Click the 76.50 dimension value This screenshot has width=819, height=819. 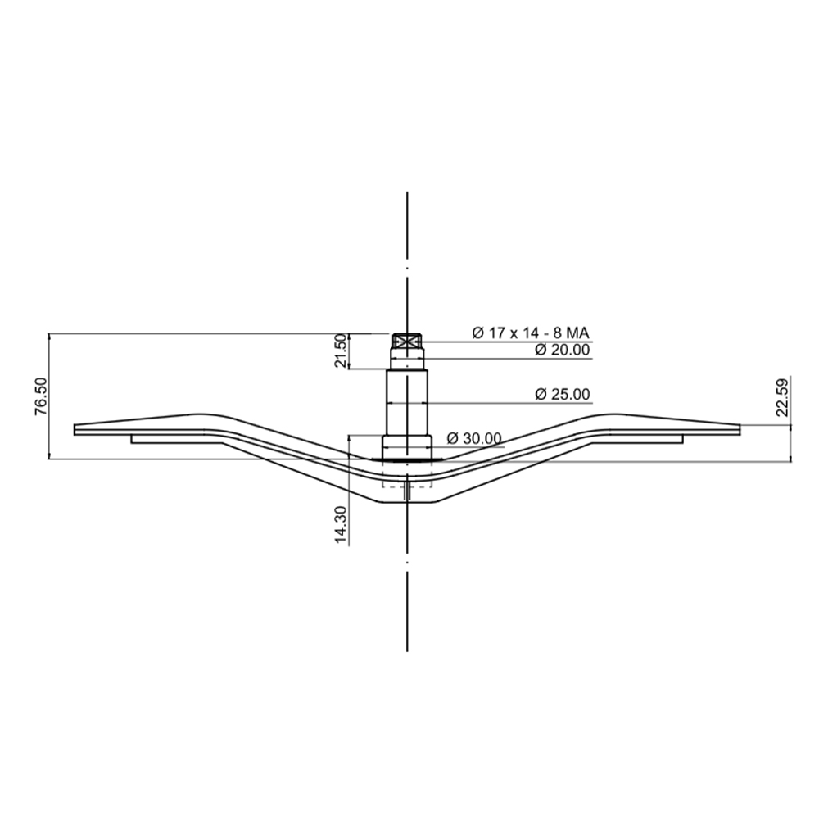41,396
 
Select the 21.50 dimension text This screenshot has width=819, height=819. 341,351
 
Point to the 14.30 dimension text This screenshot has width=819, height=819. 341,524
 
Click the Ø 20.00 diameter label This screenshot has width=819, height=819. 562,350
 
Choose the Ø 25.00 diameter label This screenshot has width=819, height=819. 562,394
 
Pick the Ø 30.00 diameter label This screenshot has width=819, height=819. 474,438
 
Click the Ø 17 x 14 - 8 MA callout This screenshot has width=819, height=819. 531,333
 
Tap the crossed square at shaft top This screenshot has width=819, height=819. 407,342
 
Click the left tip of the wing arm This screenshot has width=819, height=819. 75,429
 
